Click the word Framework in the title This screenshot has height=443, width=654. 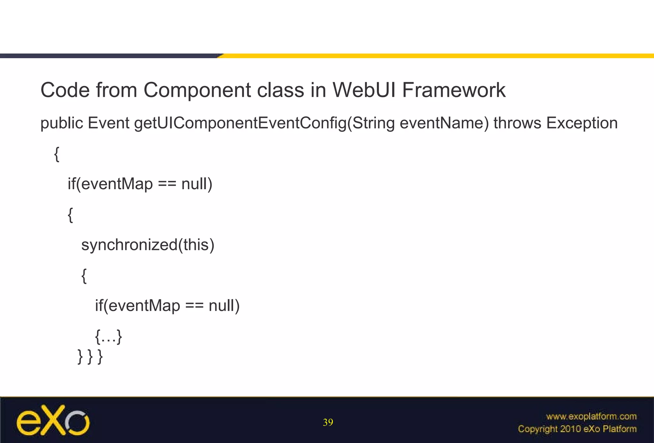click(x=453, y=90)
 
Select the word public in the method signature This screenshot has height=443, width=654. click(x=62, y=123)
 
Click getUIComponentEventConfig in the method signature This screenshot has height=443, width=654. click(x=240, y=123)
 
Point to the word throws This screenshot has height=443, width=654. click(x=517, y=123)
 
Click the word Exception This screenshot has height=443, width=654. click(x=582, y=123)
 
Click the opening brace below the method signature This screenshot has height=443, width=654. click(x=57, y=154)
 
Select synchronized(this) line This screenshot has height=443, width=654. click(x=148, y=245)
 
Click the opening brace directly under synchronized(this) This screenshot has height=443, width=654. click(x=84, y=276)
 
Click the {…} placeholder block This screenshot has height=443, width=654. click(x=109, y=337)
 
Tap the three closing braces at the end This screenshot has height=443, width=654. click(x=90, y=357)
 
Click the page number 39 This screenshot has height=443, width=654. click(x=328, y=423)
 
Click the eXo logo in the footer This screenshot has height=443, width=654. click(x=53, y=420)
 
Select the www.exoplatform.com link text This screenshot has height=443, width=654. click(x=591, y=416)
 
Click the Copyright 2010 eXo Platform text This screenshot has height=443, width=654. click(x=577, y=429)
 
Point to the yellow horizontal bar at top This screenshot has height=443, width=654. click(x=437, y=56)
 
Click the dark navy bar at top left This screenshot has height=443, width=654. click(x=109, y=56)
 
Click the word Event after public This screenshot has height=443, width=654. click(x=109, y=123)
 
